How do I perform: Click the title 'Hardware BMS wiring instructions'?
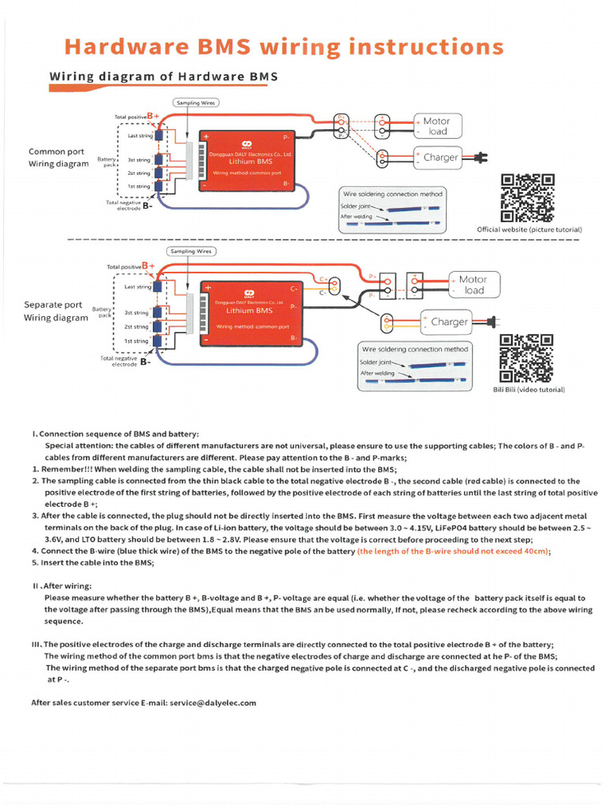(x=284, y=47)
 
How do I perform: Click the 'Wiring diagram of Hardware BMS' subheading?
(x=163, y=76)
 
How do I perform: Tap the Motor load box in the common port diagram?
(x=436, y=126)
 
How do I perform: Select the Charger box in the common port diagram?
(x=440, y=158)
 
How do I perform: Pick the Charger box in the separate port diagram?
(x=449, y=322)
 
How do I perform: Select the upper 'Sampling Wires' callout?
(x=196, y=102)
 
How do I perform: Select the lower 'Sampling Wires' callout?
(x=191, y=251)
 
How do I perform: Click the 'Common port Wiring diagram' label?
(x=58, y=158)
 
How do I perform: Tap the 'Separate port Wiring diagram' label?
(x=56, y=311)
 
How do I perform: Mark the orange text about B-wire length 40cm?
(x=453, y=552)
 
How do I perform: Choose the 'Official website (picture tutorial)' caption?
(x=529, y=229)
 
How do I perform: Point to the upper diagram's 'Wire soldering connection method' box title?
(x=392, y=194)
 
